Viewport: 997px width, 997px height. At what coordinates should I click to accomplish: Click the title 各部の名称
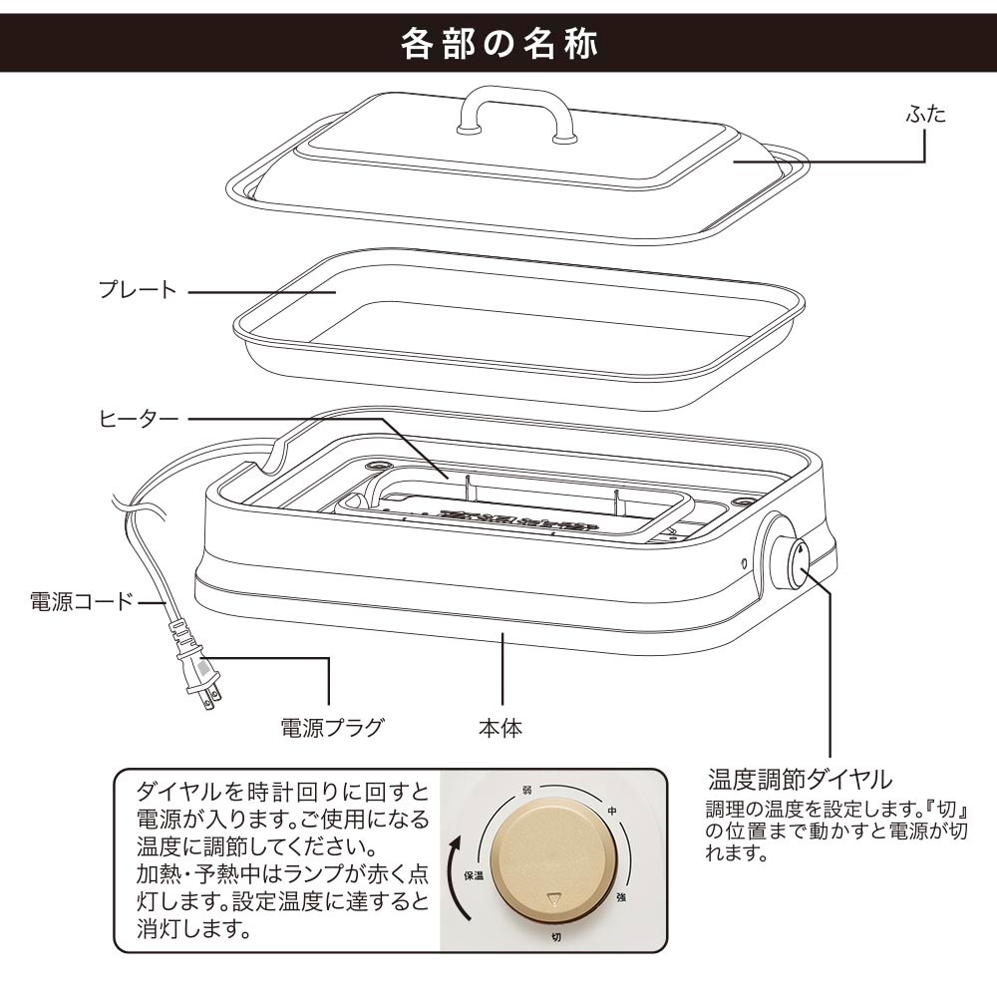coord(498,45)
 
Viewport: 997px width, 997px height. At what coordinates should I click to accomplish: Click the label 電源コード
coord(80,602)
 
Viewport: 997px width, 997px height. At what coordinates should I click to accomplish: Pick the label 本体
coord(499,727)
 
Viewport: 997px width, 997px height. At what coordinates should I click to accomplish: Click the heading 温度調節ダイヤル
coord(799,778)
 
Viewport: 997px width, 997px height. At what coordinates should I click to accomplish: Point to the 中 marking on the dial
coord(611,812)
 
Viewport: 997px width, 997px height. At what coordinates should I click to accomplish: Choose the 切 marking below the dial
coord(554,937)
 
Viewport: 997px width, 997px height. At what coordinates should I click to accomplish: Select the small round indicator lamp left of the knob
coord(745,562)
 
